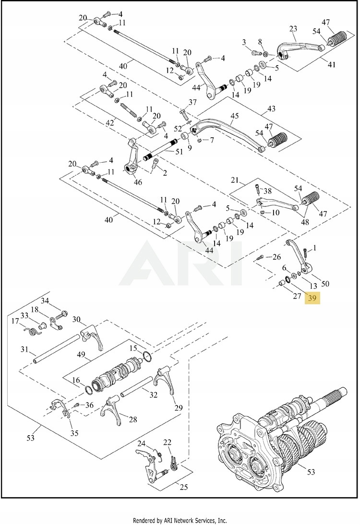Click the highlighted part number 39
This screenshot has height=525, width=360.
(312, 298)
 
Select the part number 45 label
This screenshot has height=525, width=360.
(234, 116)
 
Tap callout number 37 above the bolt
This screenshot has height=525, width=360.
(192, 102)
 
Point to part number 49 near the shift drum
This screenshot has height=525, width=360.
(81, 355)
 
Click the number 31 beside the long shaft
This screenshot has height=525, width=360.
(24, 349)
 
